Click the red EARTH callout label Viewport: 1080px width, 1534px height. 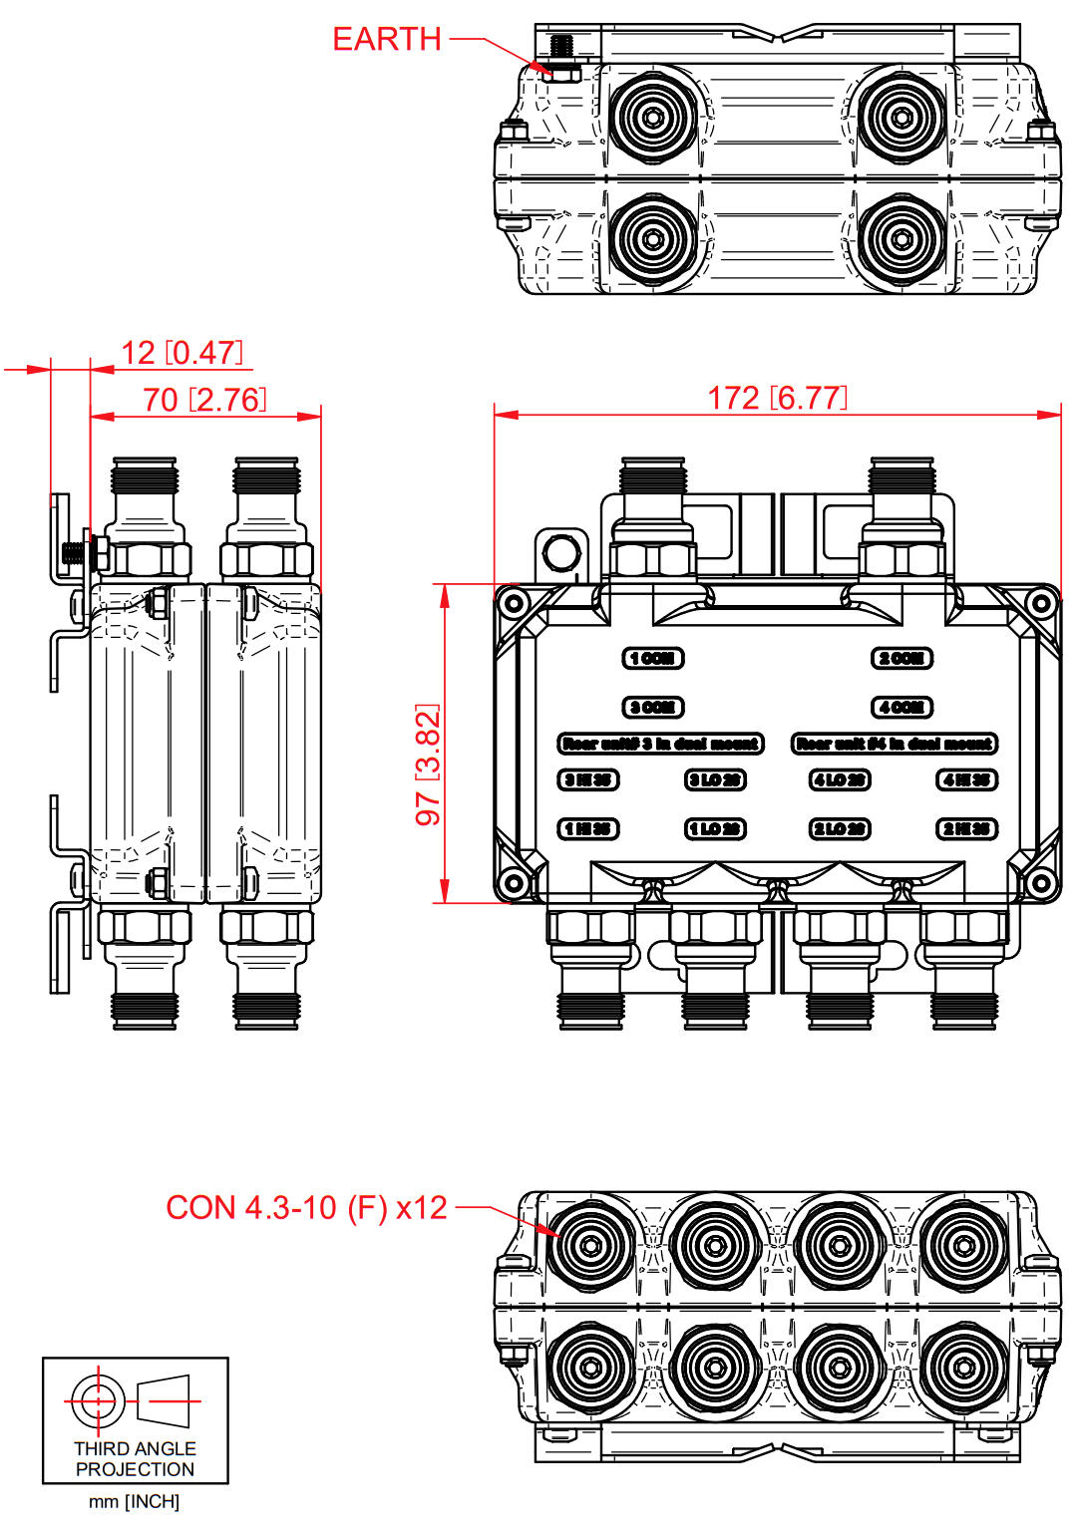(x=386, y=39)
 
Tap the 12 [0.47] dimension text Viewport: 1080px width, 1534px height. (x=181, y=353)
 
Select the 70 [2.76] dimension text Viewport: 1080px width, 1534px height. (x=204, y=400)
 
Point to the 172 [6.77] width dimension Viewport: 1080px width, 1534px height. (x=777, y=398)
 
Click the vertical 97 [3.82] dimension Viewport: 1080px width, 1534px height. (x=428, y=765)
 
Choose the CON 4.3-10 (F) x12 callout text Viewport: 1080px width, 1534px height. (x=306, y=1208)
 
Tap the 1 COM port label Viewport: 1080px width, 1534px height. (x=653, y=658)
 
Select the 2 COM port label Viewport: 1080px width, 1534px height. (x=901, y=658)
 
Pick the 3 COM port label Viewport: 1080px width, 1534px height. (x=653, y=708)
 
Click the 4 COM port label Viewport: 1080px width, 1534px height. (x=901, y=708)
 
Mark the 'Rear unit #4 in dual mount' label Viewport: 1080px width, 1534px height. (x=895, y=744)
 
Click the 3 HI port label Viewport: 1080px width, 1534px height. (x=588, y=779)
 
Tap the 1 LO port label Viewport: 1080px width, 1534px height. (x=715, y=829)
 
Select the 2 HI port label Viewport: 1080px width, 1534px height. (x=966, y=829)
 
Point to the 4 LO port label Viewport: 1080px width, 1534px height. (x=840, y=779)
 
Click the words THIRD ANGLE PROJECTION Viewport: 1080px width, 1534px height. (x=135, y=1459)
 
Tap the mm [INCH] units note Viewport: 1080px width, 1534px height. (x=134, y=1502)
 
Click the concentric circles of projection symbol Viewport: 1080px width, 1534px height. (x=98, y=1401)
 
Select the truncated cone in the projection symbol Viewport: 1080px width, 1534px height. (x=164, y=1401)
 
